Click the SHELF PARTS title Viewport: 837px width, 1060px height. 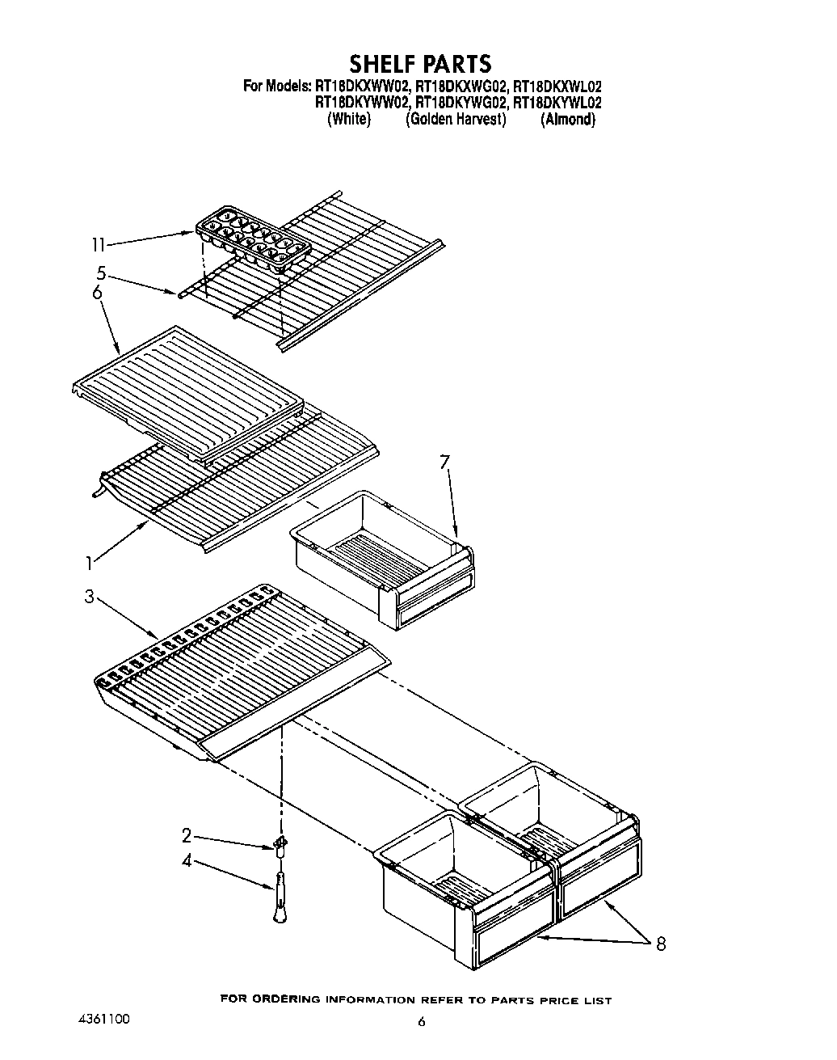tap(419, 63)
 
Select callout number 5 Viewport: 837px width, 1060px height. tap(100, 272)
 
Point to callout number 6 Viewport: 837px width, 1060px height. tap(97, 292)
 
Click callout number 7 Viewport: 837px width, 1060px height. tap(444, 462)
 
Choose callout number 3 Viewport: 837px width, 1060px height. tap(89, 597)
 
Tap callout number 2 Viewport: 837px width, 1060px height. tap(186, 835)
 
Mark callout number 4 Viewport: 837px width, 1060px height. tap(187, 861)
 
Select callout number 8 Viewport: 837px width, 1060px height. tap(661, 943)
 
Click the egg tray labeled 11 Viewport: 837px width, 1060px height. tap(252, 239)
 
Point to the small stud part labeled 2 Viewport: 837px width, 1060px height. tap(280, 847)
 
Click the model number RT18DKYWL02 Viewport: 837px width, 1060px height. tap(557, 102)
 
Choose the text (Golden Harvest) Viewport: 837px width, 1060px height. tap(456, 119)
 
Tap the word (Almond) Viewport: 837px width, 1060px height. tap(568, 119)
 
